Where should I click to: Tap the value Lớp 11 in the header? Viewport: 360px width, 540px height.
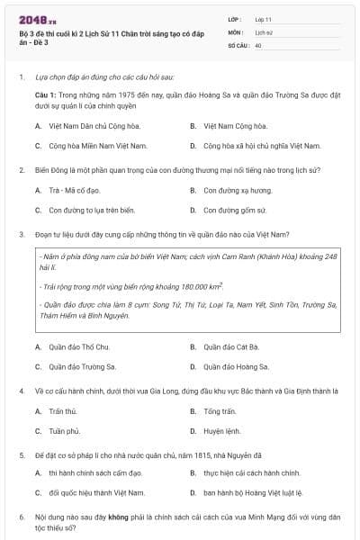(263, 18)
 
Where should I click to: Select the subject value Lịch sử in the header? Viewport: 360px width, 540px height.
(263, 31)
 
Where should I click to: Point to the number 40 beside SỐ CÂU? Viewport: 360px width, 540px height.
(258, 43)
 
